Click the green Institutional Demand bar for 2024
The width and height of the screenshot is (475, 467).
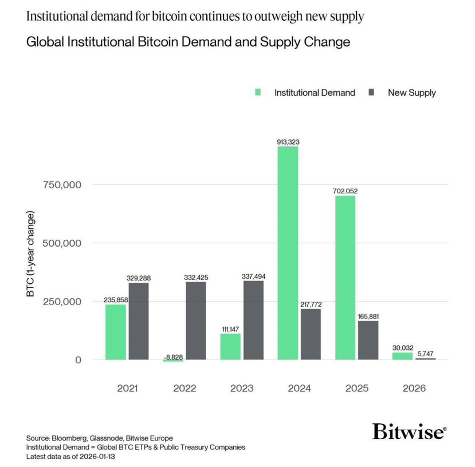coord(288,253)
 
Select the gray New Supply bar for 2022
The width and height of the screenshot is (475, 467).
coord(196,321)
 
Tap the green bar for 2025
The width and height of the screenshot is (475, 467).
coord(345,278)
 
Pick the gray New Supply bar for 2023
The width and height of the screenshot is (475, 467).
coord(253,320)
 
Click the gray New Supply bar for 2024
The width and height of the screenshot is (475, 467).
coord(311,334)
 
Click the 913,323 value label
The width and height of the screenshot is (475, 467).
coord(288,141)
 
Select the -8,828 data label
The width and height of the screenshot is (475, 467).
coord(172,357)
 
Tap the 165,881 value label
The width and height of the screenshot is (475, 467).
coord(368,316)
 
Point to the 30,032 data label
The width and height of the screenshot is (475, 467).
coord(403,348)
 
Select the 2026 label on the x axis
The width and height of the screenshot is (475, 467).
coord(414,388)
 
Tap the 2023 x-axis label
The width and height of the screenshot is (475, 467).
coord(242,388)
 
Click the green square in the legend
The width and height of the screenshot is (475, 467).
coord(258,92)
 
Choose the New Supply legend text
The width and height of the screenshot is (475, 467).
coord(411,92)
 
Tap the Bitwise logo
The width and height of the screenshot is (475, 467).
coord(409,431)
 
